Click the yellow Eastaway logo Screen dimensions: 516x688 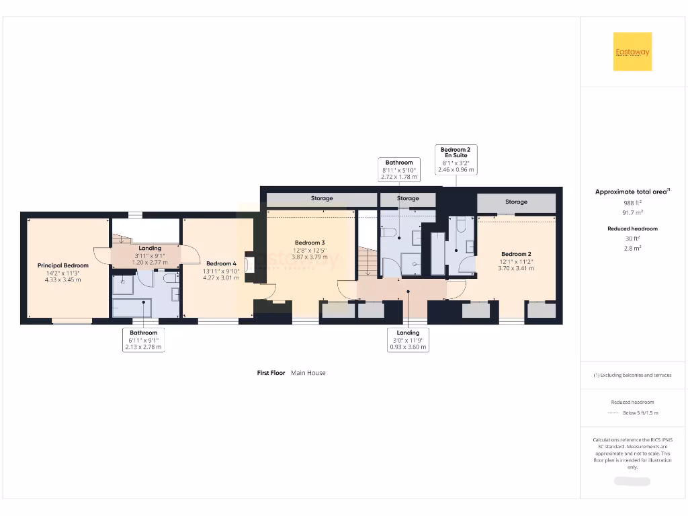(632, 52)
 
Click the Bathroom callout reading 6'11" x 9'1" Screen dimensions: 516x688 (143, 340)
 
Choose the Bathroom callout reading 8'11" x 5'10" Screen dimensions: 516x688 (399, 170)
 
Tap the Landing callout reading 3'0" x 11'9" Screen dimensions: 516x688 (408, 340)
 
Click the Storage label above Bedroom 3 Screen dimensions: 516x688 (322, 199)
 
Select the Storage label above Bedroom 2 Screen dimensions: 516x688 (516, 202)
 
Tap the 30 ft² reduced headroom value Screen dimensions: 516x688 (632, 239)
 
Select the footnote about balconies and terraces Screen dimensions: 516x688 (632, 376)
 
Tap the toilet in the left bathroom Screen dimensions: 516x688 (170, 277)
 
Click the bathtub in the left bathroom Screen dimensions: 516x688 (132, 307)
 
